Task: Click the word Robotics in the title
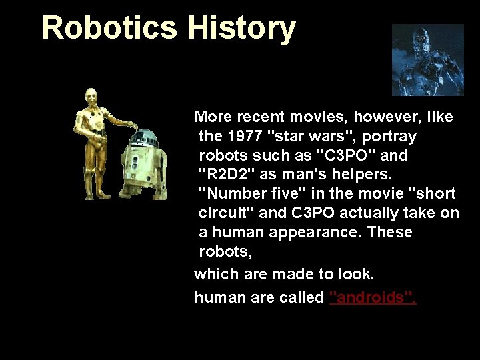click(x=109, y=28)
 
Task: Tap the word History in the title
click(x=241, y=28)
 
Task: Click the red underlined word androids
click(x=373, y=297)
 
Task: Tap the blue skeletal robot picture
click(x=427, y=60)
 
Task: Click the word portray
click(x=392, y=137)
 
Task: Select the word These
click(x=390, y=233)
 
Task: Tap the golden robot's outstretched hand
click(x=133, y=126)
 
